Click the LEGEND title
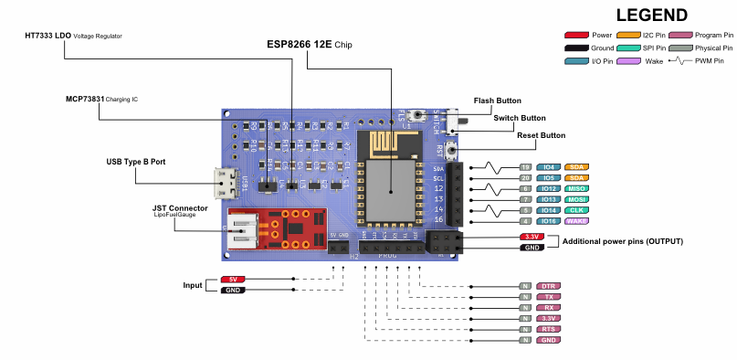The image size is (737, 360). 651,15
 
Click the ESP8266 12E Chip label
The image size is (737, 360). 309,44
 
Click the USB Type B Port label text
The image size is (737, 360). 136,161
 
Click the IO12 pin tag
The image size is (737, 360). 548,188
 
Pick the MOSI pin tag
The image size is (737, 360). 577,199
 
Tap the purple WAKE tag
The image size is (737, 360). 576,221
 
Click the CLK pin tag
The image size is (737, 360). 577,210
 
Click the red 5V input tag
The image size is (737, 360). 233,279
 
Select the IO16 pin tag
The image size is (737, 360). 548,221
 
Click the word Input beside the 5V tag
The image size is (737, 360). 193,285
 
